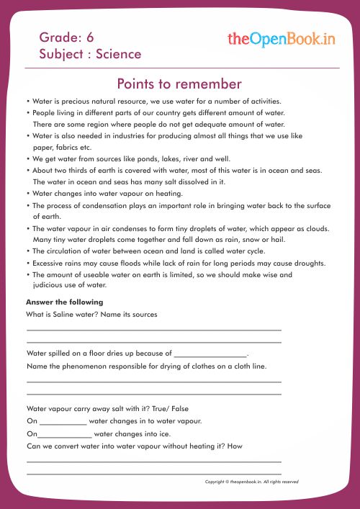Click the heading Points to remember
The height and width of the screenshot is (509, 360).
click(x=179, y=84)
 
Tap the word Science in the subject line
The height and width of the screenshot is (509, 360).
click(x=118, y=54)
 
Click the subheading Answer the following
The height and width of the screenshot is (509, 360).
click(x=64, y=302)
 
